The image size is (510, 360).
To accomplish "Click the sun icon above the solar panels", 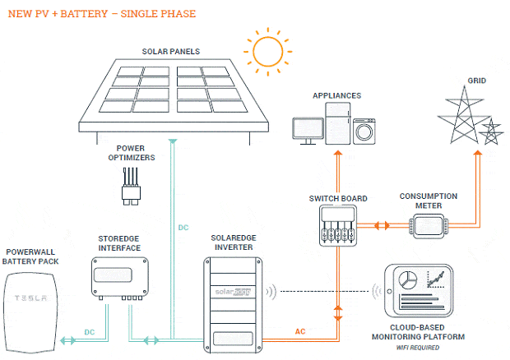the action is point(267,52).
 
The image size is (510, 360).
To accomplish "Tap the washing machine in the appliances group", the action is point(364,132).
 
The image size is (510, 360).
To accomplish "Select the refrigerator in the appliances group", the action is point(338,123).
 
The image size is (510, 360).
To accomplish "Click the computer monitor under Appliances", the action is point(308,131).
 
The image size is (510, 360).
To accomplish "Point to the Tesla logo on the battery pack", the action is point(31,298).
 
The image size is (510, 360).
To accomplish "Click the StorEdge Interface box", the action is point(120,278).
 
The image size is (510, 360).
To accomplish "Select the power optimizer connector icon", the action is point(131,187).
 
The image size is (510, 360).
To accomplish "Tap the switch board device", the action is point(338,225).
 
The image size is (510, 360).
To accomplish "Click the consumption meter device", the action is point(429,226).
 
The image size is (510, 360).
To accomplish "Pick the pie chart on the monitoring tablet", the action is point(408,279).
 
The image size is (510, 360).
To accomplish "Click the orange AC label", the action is point(300,331).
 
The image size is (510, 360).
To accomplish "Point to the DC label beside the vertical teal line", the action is point(183,228).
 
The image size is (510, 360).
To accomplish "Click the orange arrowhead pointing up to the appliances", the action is point(338,153).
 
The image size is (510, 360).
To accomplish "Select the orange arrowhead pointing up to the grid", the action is point(477,152).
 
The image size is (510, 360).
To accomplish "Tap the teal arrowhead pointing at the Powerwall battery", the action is point(63,340).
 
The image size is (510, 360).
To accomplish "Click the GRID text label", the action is point(477,81).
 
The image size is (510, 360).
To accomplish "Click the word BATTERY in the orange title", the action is point(84,14).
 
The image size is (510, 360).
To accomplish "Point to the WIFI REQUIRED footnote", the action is point(418,348).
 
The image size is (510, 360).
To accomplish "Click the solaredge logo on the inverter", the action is point(233,292).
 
